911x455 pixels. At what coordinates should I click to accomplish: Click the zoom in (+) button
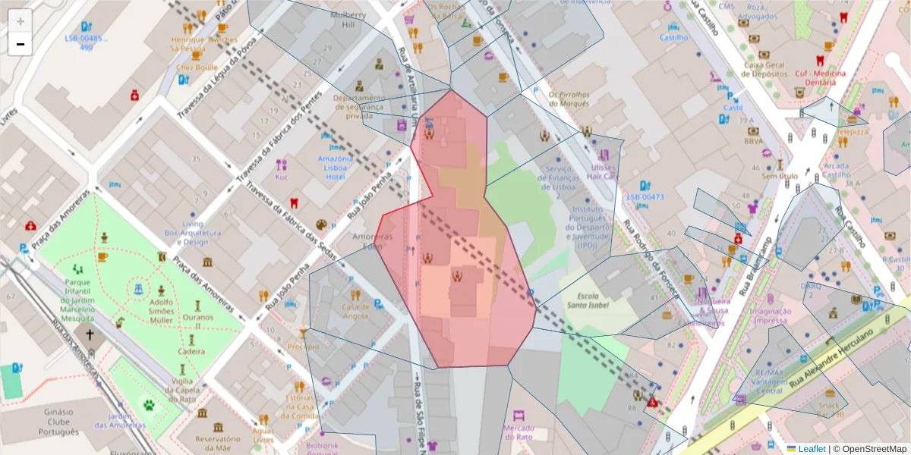click(20, 22)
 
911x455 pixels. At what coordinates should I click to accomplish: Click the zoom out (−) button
click(20, 44)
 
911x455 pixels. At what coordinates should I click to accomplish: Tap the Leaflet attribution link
click(811, 449)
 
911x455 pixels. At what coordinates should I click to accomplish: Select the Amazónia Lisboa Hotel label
click(335, 168)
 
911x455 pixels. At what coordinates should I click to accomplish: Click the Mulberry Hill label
click(348, 19)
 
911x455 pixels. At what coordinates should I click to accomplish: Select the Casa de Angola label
click(355, 312)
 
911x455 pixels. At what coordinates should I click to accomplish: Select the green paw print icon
click(149, 405)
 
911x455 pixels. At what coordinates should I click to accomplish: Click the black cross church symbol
click(90, 334)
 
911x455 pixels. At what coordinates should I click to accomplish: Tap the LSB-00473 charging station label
click(645, 197)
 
